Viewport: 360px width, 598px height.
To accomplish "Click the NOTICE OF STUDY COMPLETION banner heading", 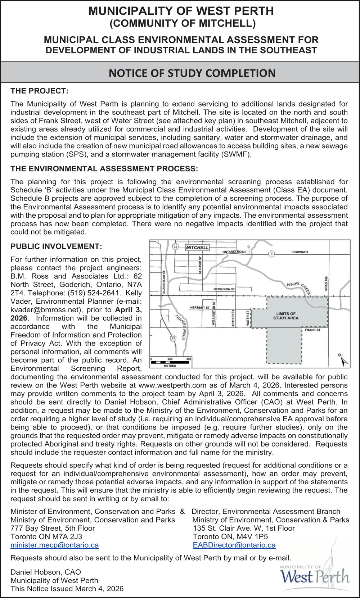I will [192, 73].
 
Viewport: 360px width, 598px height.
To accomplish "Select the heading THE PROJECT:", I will [39, 91].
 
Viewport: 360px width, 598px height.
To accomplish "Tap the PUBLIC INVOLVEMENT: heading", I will [56, 246].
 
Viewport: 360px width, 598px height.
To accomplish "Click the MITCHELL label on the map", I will [197, 248].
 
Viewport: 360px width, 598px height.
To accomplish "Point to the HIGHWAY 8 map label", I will [300, 252].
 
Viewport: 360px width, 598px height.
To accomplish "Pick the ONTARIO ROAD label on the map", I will [234, 252].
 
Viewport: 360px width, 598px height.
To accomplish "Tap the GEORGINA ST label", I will [224, 289].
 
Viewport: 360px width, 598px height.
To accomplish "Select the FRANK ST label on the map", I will [312, 330].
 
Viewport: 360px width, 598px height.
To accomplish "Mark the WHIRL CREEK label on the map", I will [299, 288].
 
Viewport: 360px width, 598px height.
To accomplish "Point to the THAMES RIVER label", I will [180, 327].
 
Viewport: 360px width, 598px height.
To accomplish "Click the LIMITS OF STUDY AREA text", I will [285, 316].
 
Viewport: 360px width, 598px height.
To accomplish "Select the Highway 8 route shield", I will [271, 254].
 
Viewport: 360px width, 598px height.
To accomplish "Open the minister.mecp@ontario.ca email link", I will [55, 545].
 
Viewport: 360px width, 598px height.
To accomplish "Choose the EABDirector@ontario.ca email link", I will [234, 545].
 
